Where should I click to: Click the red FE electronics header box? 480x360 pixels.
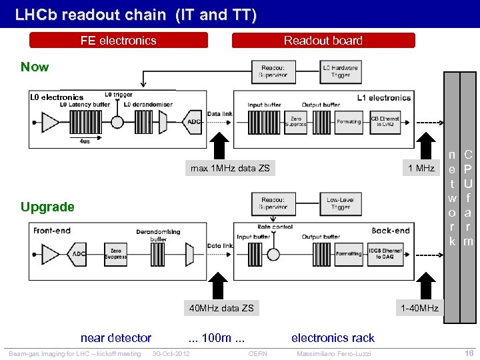[x=119, y=41]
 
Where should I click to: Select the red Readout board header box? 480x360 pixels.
[x=323, y=41]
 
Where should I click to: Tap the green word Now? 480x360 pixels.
[x=35, y=67]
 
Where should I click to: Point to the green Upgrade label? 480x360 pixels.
[x=47, y=207]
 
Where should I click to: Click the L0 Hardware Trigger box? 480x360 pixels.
[x=340, y=72]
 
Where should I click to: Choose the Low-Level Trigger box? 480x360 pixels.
[x=340, y=203]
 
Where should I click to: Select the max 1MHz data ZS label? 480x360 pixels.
[x=230, y=168]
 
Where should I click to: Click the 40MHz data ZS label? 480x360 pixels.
[x=221, y=308]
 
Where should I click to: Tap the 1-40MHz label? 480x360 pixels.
[x=419, y=308]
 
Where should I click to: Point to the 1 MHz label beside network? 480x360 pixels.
[x=421, y=168]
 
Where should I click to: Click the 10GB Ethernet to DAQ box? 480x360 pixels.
[x=385, y=253]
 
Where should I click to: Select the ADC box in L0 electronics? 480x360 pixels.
[x=193, y=122]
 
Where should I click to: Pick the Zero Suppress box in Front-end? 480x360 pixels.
[x=115, y=253]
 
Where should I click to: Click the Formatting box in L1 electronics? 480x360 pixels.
[x=349, y=122]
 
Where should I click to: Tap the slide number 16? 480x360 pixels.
[x=468, y=353]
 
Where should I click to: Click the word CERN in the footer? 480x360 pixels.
[x=257, y=353]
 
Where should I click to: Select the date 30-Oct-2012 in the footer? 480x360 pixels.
[x=171, y=353]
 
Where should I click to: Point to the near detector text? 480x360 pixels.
[x=115, y=338]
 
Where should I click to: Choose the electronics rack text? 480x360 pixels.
[x=333, y=338]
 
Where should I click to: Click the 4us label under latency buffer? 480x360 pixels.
[x=85, y=141]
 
